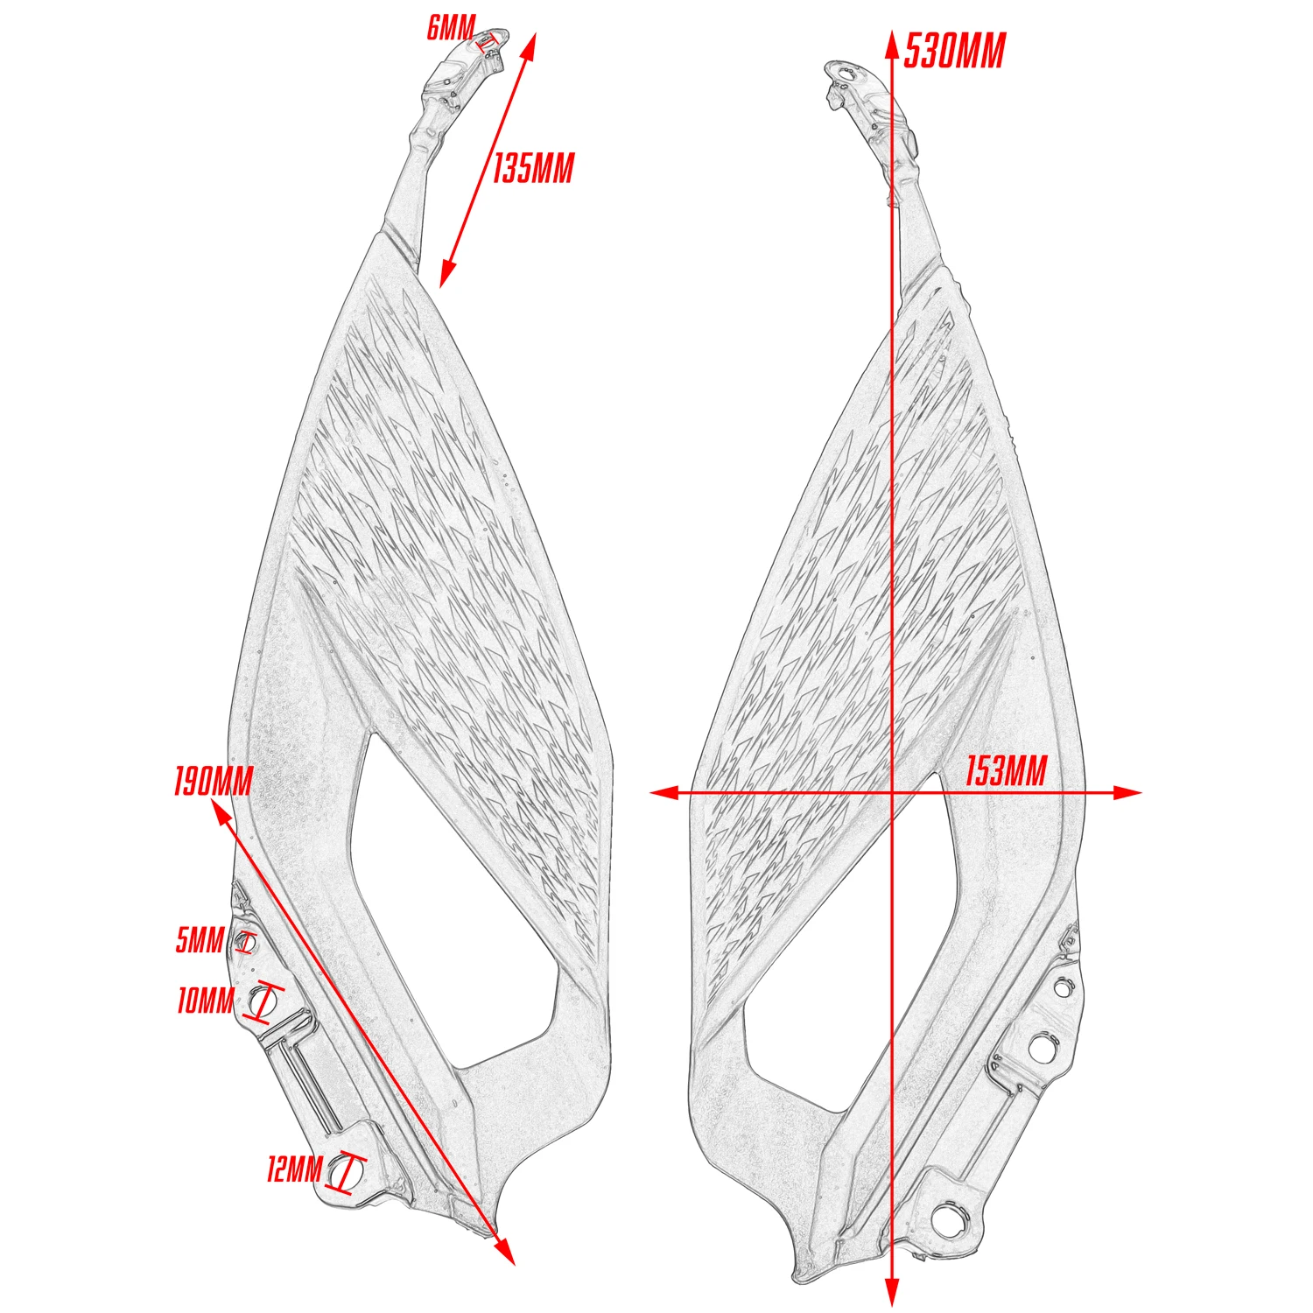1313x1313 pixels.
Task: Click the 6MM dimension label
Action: (x=451, y=28)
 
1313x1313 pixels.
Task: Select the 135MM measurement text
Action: (x=533, y=167)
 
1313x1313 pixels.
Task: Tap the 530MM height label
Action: (x=954, y=51)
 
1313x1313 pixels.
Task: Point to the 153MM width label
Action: (x=1006, y=772)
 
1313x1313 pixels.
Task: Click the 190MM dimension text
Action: (x=214, y=781)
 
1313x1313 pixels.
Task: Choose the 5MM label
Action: (x=200, y=940)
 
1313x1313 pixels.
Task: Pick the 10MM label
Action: (x=206, y=1000)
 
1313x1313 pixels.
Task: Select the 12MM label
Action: (x=295, y=1169)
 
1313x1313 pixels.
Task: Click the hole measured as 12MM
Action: (x=347, y=1171)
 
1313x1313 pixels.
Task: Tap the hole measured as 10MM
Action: (x=261, y=998)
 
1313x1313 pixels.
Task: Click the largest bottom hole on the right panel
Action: (x=949, y=1218)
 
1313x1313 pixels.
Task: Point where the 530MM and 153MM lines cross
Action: (x=892, y=793)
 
